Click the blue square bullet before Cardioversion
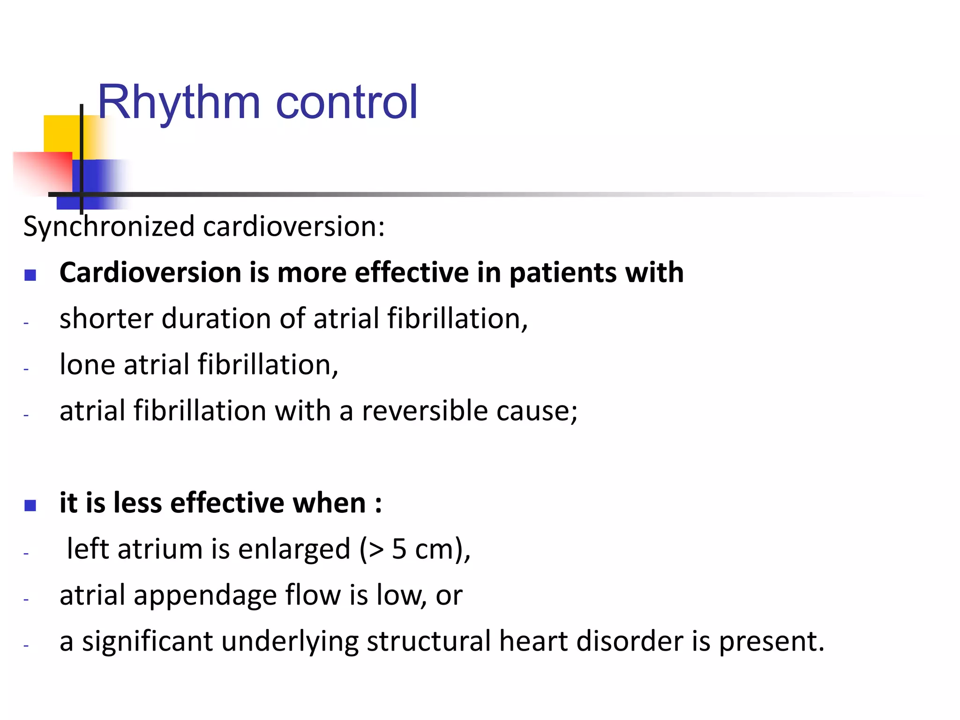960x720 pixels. pos(30,275)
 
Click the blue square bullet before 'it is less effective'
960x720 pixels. pos(30,505)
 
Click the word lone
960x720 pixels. pos(87,365)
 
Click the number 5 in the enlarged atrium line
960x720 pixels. pos(399,549)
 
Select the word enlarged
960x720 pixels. pos(294,550)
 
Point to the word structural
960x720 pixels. pos(428,641)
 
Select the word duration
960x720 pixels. pos(216,319)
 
